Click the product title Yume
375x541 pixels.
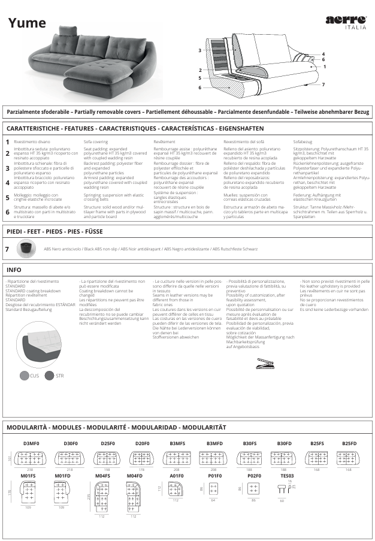tap(27, 23)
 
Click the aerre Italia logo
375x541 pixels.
tap(346, 22)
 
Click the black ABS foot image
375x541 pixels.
tap(26, 247)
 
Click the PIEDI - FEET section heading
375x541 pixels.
tap(55, 231)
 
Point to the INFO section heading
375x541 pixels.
tap(14, 270)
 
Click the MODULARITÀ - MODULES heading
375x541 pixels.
tap(116, 427)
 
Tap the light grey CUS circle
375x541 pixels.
tap(25, 376)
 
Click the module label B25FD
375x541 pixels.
tap(349, 443)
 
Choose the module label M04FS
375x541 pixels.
tap(102, 476)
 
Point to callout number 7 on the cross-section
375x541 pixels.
tap(323, 84)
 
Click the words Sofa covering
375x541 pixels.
tap(96, 141)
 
